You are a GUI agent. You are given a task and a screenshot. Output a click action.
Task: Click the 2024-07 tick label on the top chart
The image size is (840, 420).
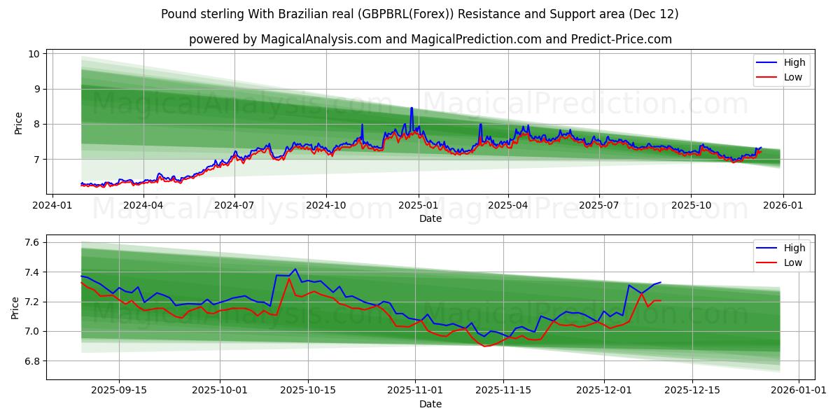(234, 206)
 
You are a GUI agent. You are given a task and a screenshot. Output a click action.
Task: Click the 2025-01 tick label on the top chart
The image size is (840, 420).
(419, 206)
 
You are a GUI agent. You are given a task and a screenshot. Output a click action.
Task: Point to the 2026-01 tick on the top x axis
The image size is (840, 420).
(783, 206)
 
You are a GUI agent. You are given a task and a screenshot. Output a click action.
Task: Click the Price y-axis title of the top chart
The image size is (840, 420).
(18, 123)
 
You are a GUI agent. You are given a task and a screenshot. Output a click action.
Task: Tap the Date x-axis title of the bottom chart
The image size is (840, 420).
(430, 404)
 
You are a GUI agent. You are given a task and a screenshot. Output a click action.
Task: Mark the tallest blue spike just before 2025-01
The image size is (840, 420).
(412, 108)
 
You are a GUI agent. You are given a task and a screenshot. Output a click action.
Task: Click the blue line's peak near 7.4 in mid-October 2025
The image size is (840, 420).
(295, 269)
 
